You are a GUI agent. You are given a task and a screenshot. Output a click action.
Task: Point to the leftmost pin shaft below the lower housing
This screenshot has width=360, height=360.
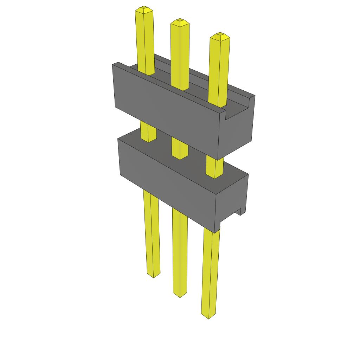[151, 232]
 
